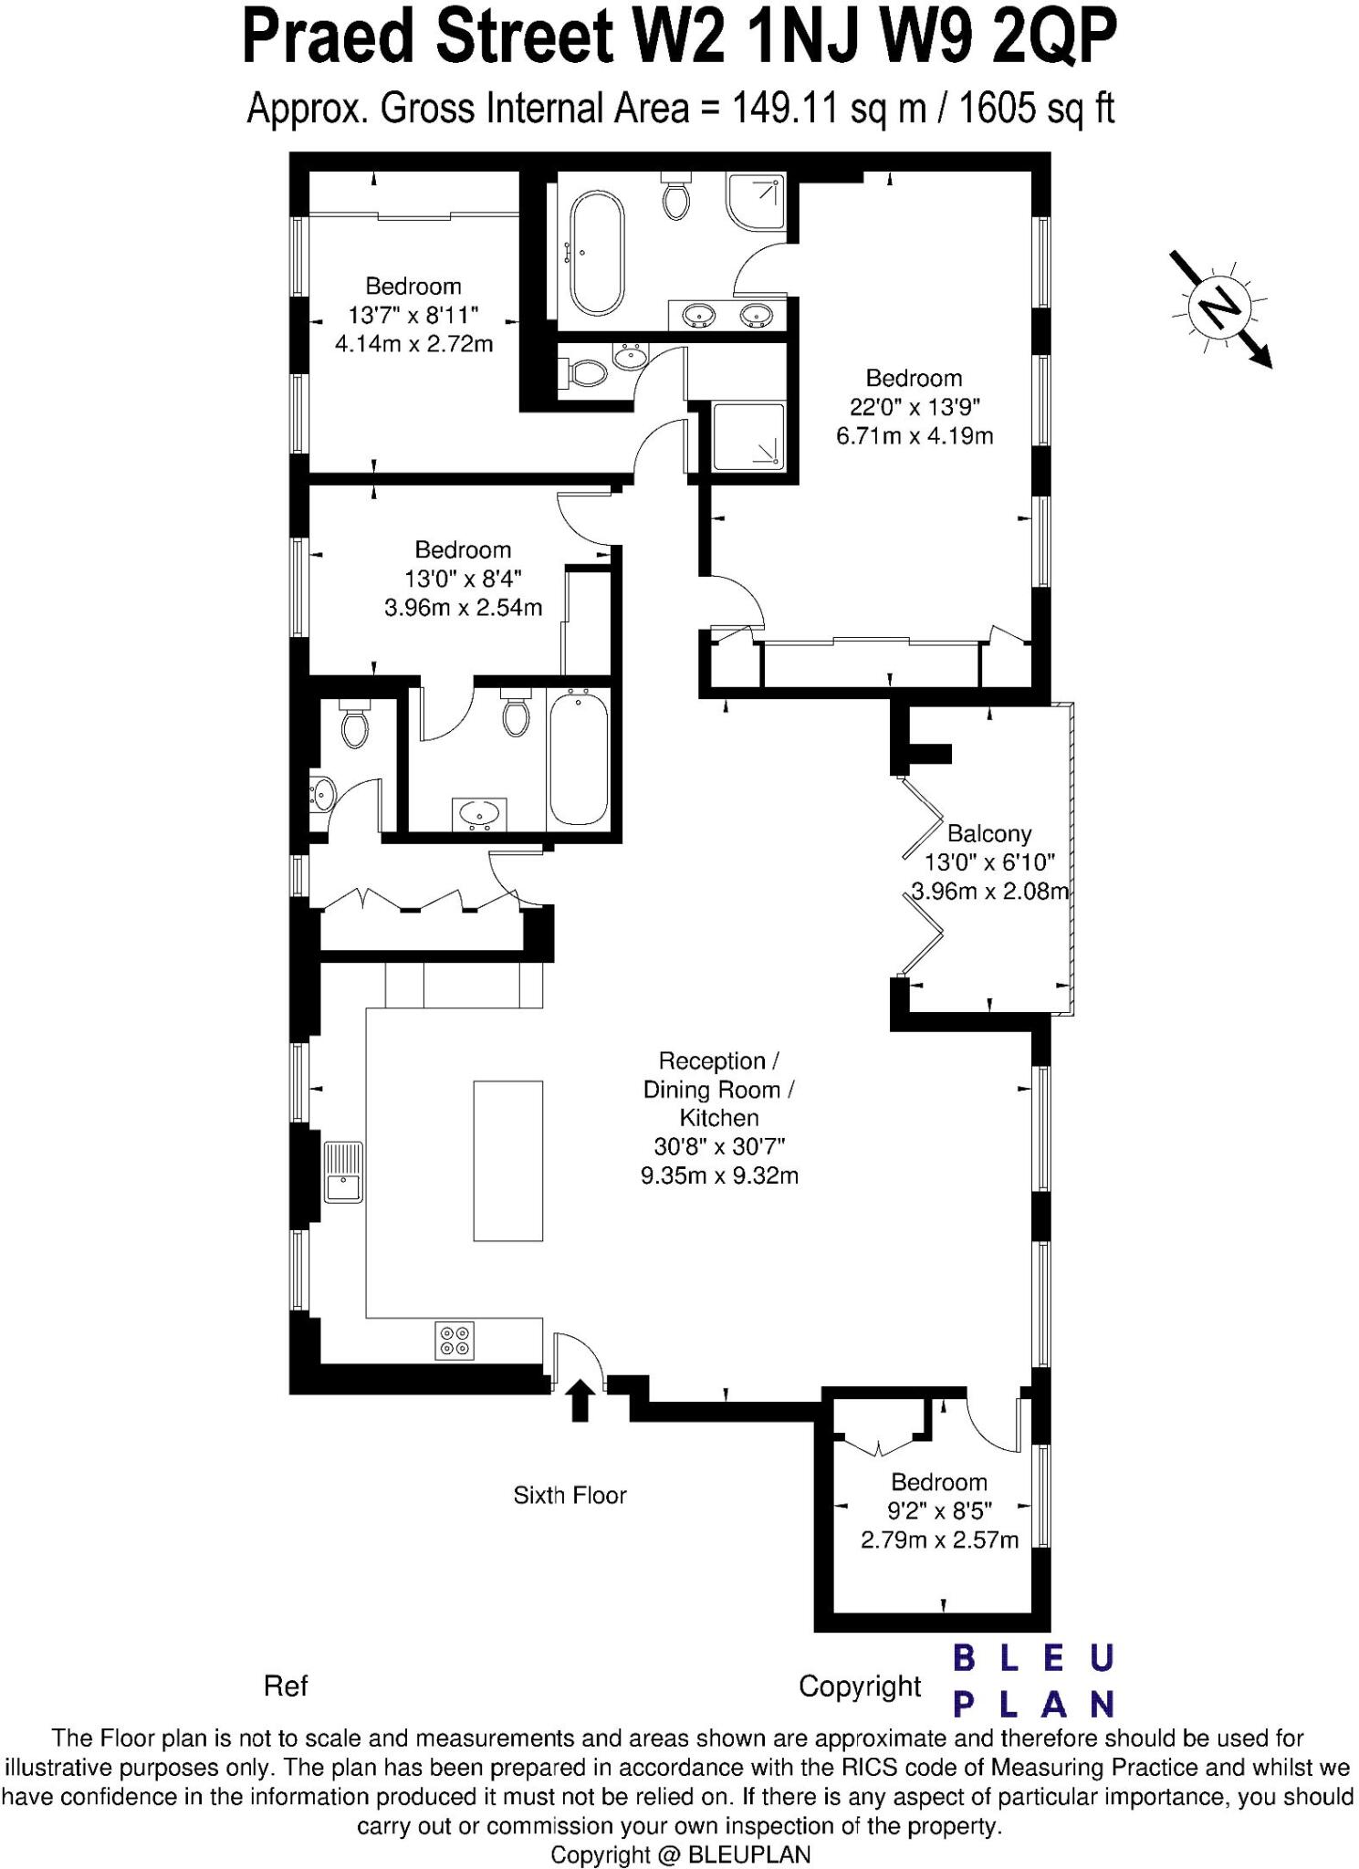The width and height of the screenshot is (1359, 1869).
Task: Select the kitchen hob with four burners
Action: tap(454, 1340)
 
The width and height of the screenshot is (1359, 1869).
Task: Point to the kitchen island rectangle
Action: tap(507, 1160)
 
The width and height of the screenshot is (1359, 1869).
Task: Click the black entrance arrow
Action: tap(580, 1400)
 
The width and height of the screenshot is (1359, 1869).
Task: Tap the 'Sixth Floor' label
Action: tap(570, 1496)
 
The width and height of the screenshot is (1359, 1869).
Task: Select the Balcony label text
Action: tap(988, 833)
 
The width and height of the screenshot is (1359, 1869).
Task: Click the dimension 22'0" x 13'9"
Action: tap(915, 407)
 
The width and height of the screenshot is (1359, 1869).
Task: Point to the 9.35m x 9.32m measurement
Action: tap(719, 1175)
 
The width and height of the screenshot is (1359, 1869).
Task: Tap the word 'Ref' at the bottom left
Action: tap(286, 1686)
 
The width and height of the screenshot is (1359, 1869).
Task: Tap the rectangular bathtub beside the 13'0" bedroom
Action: tap(578, 757)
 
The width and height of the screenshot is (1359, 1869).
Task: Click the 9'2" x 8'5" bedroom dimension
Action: tap(939, 1511)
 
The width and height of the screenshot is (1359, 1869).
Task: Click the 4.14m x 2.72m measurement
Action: tap(413, 344)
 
